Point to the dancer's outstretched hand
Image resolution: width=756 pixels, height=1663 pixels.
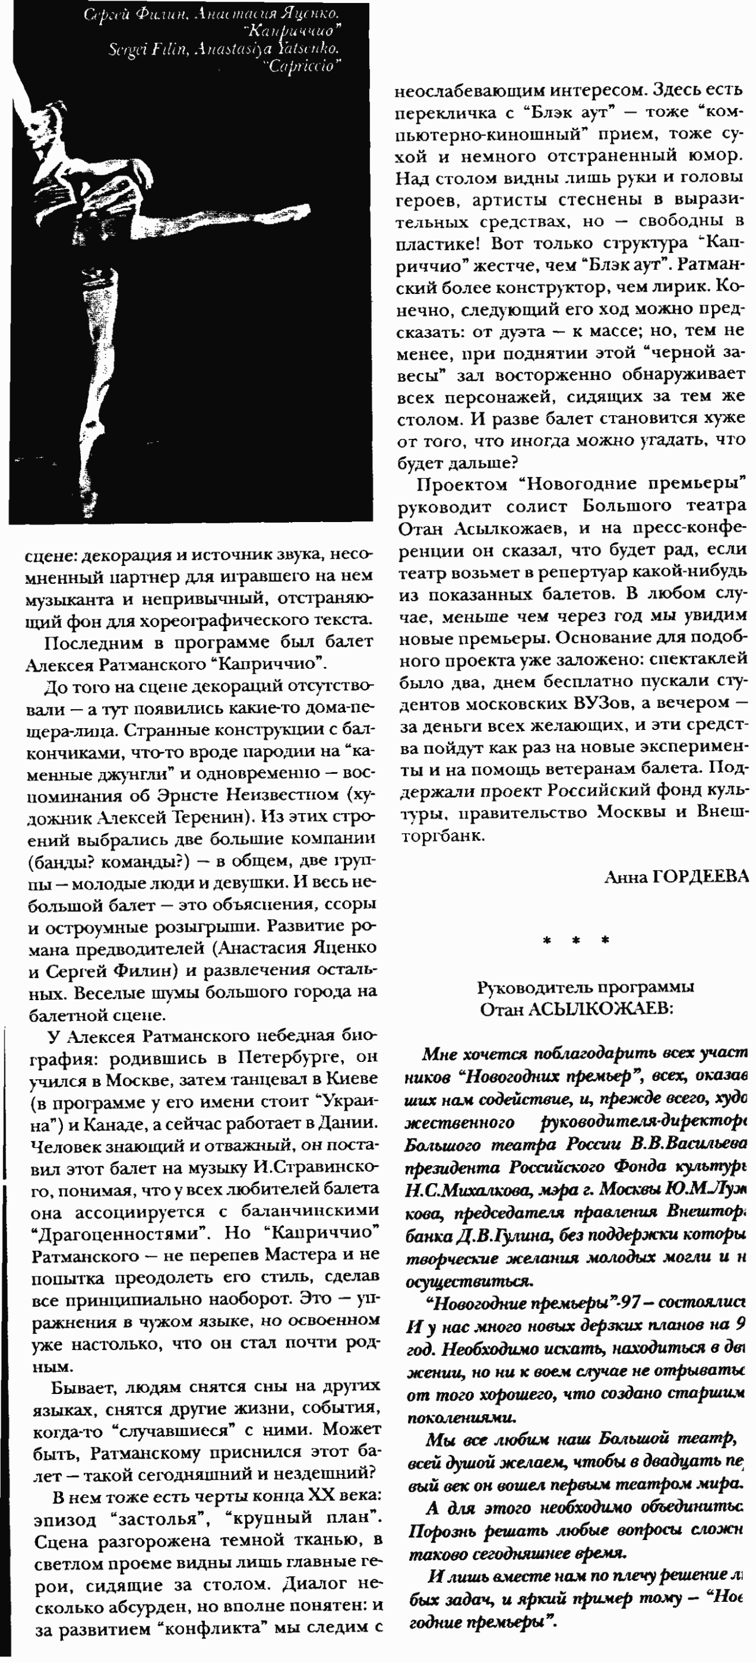pos(299,210)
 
